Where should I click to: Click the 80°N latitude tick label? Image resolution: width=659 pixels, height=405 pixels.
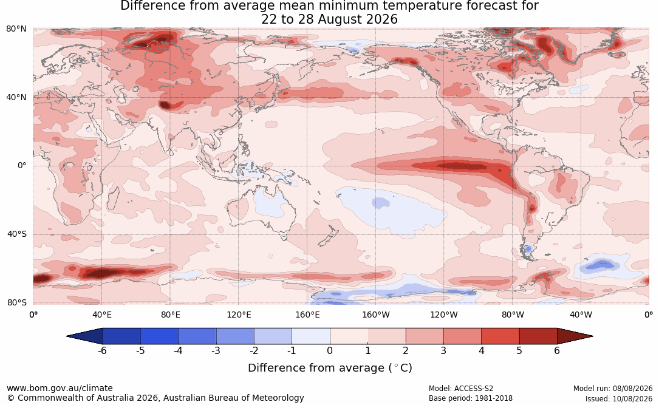point(16,29)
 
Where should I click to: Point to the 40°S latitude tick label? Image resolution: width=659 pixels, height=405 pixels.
point(17,234)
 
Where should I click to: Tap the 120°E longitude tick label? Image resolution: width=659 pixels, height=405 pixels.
point(239,315)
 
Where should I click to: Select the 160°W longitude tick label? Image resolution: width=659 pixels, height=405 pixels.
point(376,315)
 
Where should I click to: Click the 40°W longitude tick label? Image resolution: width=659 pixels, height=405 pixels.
point(581,315)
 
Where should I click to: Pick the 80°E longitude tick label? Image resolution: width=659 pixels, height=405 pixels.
point(170,315)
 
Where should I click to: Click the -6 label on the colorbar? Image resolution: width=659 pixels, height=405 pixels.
point(102,350)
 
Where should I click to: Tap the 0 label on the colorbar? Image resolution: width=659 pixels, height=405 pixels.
point(330,350)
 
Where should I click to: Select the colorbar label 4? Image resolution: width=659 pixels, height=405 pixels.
point(481,350)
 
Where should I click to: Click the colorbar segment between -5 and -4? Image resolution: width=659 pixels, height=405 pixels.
point(159,336)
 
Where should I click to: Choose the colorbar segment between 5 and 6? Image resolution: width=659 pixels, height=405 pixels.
point(538,336)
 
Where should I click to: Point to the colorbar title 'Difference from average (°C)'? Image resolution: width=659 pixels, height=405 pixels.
point(330,368)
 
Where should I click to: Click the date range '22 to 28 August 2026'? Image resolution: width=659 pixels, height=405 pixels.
point(329,19)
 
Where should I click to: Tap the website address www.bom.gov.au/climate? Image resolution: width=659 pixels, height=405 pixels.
point(60,388)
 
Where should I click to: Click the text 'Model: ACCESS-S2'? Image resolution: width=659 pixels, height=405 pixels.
point(460,389)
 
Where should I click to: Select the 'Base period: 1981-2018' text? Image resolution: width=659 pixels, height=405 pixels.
point(470,398)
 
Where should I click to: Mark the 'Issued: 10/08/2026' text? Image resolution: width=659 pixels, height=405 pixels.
point(619,398)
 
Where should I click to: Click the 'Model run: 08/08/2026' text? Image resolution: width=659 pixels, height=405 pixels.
point(613,389)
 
